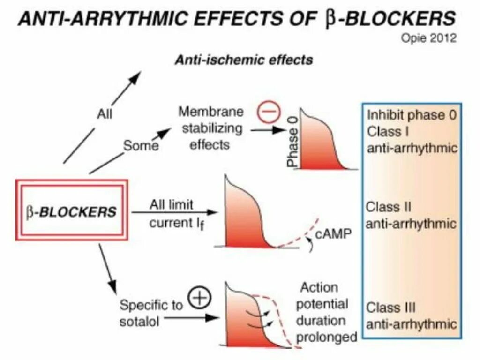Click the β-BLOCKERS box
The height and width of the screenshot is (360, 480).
71,210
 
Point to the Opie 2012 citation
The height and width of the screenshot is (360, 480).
428,39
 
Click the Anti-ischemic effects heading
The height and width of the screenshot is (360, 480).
243,60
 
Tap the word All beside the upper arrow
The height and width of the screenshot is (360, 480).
105,113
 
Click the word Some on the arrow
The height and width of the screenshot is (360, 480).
141,146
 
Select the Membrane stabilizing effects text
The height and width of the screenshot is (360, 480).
211,127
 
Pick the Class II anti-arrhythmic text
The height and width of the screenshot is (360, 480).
411,215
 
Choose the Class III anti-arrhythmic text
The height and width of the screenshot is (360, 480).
411,316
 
